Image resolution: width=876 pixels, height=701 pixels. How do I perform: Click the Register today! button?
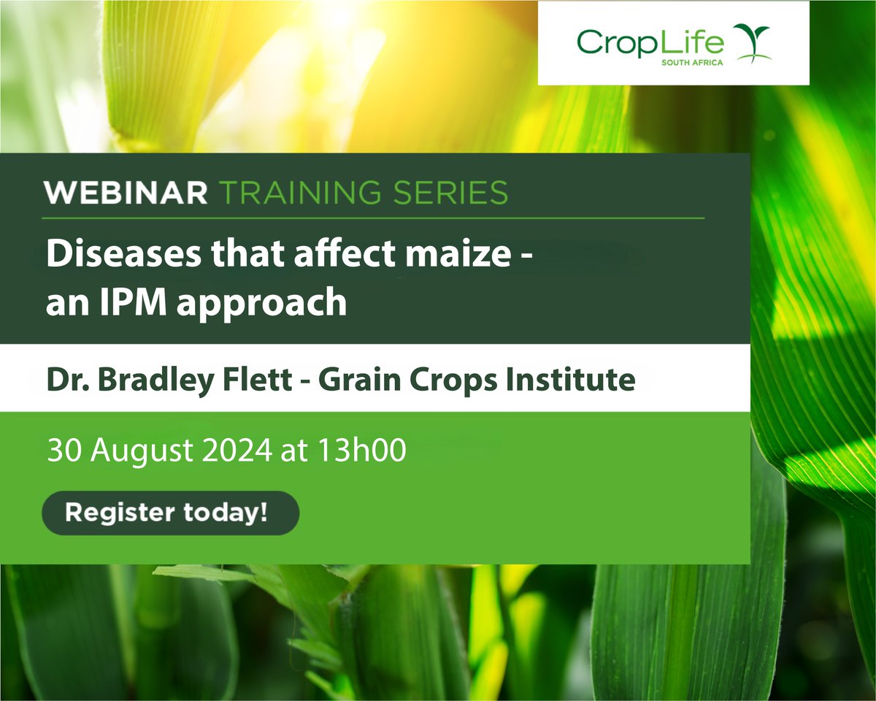tap(170, 513)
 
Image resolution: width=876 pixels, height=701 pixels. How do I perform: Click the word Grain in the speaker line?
tap(344, 380)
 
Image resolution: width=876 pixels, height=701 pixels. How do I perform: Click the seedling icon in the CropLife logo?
tap(751, 43)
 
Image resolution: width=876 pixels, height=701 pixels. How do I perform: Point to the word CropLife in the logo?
tap(650, 42)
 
